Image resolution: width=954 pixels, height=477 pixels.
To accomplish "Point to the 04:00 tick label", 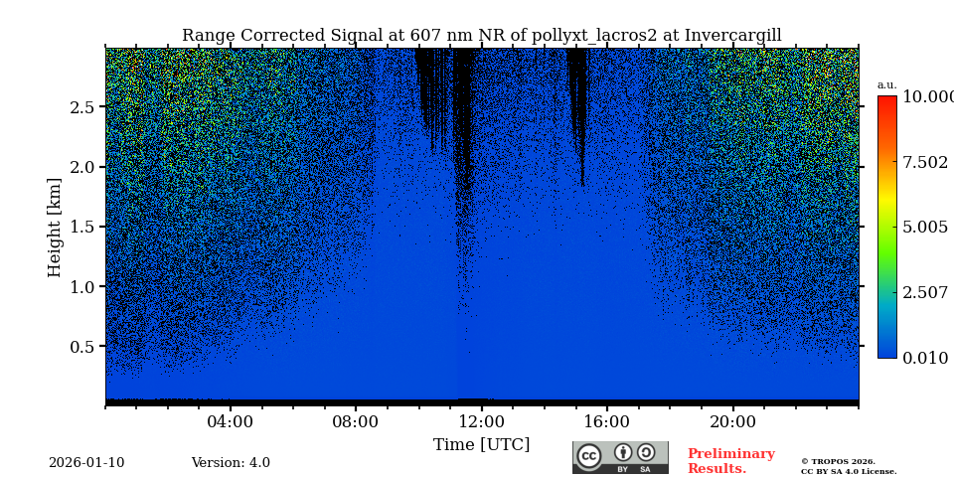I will click(x=231, y=422).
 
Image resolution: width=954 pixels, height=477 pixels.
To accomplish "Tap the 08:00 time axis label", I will click(x=356, y=422).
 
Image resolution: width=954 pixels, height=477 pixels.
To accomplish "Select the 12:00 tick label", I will click(x=482, y=422).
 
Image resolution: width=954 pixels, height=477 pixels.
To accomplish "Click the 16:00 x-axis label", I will click(x=607, y=422).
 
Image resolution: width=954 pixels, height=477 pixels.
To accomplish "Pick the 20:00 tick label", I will click(x=732, y=422).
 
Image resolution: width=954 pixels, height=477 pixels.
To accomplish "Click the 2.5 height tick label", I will click(x=82, y=107).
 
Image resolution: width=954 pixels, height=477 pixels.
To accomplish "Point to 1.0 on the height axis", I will click(x=82, y=287).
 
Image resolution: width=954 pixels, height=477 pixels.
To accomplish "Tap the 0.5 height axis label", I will click(x=82, y=347).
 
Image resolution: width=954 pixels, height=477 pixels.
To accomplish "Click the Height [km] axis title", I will click(x=55, y=227).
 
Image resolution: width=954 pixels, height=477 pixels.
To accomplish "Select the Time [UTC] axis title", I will click(x=482, y=445).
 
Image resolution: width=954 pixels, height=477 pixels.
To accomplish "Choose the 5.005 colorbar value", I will click(x=925, y=228).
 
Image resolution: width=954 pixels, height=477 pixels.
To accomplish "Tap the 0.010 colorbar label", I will click(x=925, y=359).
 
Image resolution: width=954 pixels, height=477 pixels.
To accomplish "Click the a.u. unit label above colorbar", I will click(x=886, y=84).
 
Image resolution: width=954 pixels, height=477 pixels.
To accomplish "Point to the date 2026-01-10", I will click(x=86, y=463).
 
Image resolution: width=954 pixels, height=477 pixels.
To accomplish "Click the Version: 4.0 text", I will click(x=231, y=463).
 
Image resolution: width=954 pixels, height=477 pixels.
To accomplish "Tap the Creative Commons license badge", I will click(x=620, y=457).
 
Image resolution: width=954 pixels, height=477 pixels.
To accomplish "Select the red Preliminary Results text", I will click(x=730, y=461).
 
